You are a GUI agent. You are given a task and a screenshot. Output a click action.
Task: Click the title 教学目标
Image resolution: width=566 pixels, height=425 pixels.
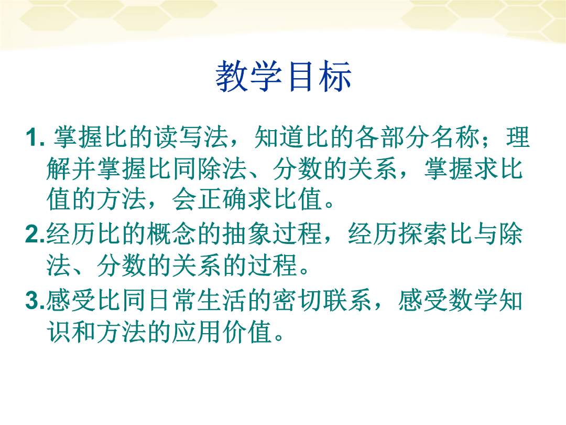point(284,76)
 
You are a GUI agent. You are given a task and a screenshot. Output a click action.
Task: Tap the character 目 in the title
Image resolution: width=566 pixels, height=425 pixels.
point(300,76)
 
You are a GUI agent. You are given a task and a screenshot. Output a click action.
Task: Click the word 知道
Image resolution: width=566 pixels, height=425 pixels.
point(279,137)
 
